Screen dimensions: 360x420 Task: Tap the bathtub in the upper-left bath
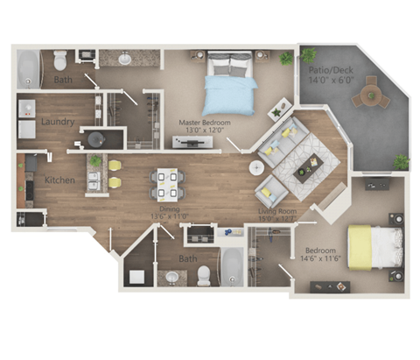tap(28, 68)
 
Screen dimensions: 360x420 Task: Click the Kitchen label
tap(59, 180)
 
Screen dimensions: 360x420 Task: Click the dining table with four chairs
tap(166, 183)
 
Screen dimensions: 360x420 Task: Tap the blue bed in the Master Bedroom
tap(229, 85)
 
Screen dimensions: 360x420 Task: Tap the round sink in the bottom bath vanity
tap(171, 278)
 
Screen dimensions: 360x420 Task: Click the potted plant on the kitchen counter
tap(95, 160)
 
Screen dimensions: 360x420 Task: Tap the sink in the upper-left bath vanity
tap(124, 60)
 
